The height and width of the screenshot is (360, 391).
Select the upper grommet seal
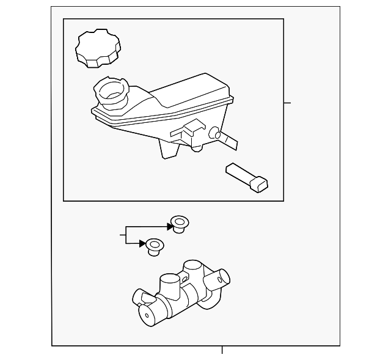(179, 224)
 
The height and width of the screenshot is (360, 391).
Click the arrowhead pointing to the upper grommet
(169, 226)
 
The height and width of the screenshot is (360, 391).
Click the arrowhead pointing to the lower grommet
(143, 243)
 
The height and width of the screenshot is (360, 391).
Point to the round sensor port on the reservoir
(214, 133)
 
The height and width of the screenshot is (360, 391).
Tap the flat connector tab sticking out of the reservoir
(228, 141)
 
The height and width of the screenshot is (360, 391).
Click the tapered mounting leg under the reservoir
(167, 149)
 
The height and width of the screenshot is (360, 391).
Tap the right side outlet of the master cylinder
(217, 280)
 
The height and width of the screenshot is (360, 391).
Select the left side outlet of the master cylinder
(141, 297)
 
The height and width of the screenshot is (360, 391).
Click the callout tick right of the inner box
(288, 103)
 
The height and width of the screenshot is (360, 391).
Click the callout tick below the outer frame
(222, 350)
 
